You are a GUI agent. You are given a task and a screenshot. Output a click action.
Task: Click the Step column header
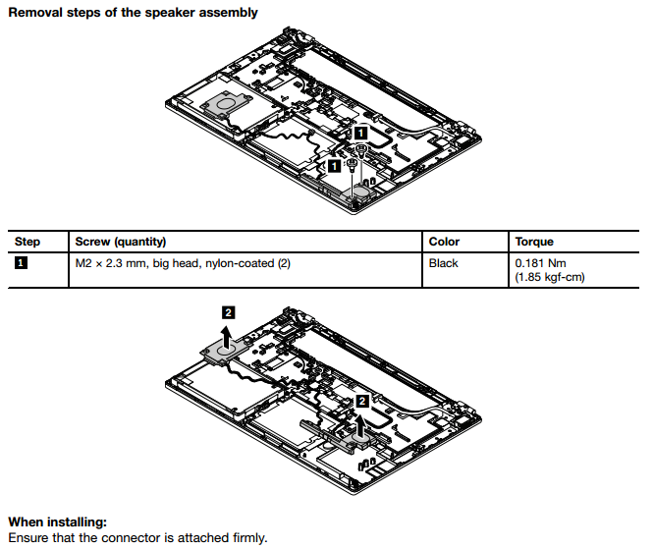(x=27, y=242)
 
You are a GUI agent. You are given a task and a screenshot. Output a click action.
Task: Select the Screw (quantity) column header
(x=121, y=242)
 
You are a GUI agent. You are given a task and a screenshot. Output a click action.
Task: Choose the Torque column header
(x=534, y=242)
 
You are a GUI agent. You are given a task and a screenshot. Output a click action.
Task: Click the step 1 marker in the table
(x=22, y=263)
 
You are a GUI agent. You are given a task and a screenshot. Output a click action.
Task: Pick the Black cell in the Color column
(x=444, y=263)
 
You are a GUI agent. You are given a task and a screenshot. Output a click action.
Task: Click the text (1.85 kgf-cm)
(x=549, y=278)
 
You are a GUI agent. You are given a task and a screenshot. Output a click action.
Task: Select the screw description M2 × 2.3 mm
(x=111, y=263)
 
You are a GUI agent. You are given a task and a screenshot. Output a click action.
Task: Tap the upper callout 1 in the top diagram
(x=360, y=130)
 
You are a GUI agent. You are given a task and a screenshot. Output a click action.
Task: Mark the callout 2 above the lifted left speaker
(x=228, y=312)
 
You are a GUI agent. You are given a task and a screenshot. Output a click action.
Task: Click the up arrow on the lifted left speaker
(x=228, y=339)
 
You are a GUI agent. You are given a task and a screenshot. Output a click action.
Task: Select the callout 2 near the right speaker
(x=362, y=401)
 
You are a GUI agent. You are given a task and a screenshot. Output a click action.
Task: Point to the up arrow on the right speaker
(x=362, y=425)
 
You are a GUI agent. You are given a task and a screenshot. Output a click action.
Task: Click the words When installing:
(x=57, y=522)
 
